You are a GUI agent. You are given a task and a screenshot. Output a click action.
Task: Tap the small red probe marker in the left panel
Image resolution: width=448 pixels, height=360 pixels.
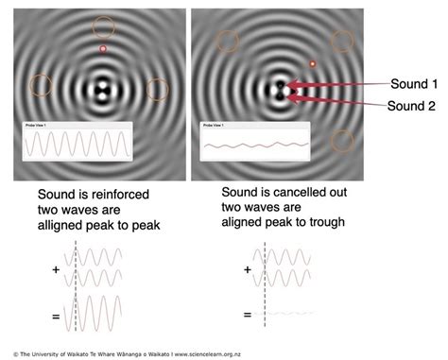103,48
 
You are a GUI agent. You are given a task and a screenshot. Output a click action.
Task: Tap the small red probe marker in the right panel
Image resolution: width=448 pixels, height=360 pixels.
313,64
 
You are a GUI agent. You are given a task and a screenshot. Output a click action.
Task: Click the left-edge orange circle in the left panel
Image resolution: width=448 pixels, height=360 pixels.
40,85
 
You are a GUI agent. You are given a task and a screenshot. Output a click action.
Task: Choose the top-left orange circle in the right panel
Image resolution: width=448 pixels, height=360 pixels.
227,41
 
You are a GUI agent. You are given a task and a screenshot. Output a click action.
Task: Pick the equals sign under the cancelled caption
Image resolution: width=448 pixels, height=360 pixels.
247,314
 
